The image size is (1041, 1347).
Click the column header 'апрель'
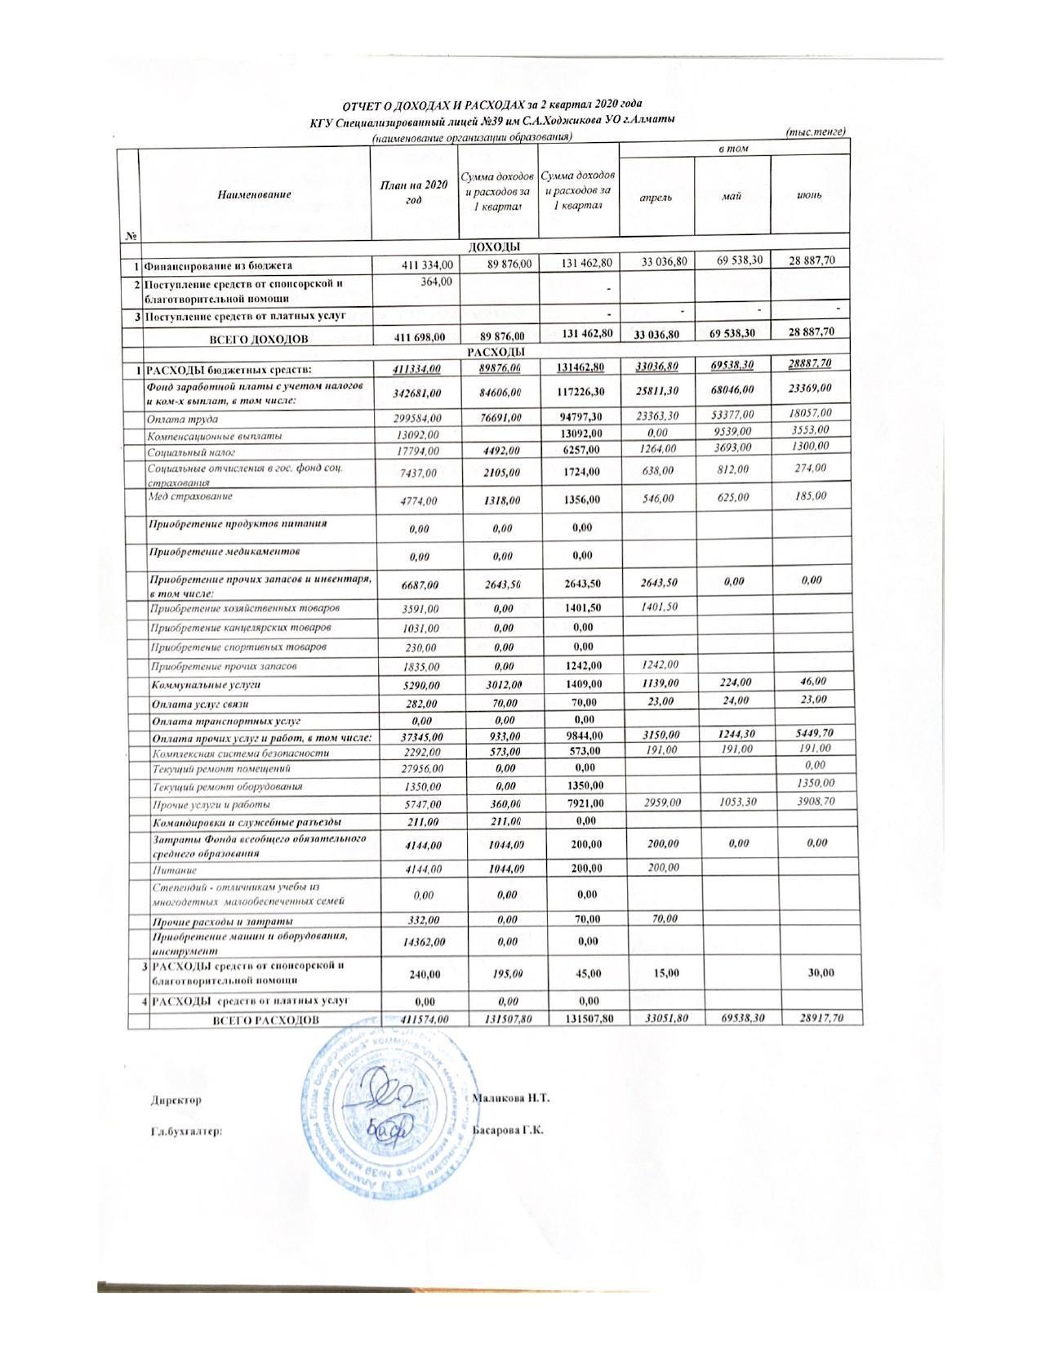coord(656,198)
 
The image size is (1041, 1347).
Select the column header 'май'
coord(732,196)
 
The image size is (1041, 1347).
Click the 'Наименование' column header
coord(254,195)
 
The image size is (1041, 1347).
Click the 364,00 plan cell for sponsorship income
coord(438,281)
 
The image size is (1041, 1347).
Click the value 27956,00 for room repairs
coord(419,769)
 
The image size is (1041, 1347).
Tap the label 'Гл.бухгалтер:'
coord(187,1132)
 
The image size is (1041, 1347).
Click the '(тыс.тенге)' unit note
coord(814,131)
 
